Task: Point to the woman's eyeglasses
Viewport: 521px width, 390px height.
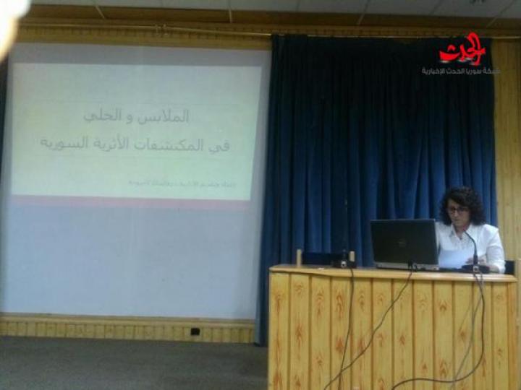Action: click(x=457, y=209)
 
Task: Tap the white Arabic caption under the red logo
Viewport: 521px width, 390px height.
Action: click(x=461, y=71)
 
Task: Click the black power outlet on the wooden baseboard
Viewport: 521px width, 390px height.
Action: click(x=195, y=331)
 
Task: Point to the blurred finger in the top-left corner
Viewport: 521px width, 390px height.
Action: click(x=11, y=22)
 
